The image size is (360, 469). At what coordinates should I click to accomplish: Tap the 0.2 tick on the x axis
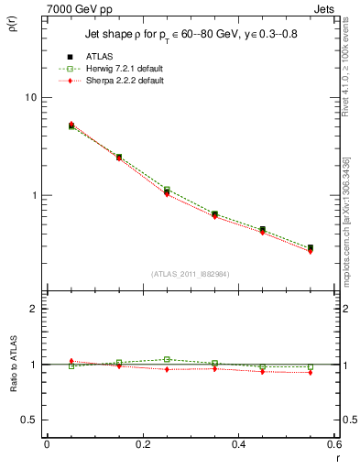(x=142, y=445)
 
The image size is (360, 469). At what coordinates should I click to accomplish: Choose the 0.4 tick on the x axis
(x=238, y=445)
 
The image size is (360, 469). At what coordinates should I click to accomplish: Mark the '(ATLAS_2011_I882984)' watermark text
(x=191, y=274)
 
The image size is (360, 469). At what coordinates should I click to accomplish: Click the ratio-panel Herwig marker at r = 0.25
(x=167, y=359)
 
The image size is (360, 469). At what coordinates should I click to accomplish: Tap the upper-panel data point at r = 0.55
(x=311, y=247)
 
